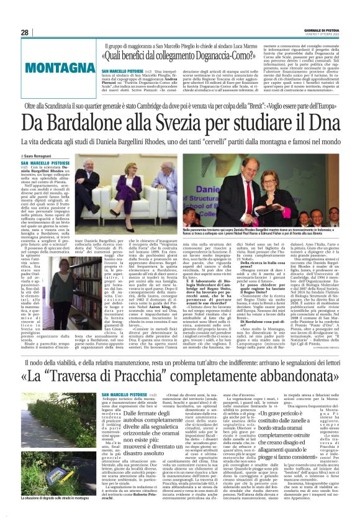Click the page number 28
coord(25,32)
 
